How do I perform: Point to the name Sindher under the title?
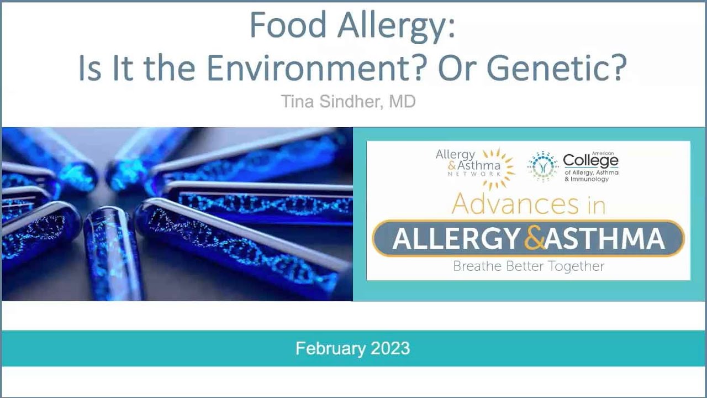click(353, 102)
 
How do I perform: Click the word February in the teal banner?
click(330, 348)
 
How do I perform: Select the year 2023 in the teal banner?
click(390, 348)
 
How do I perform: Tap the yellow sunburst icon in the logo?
click(498, 164)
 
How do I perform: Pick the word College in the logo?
click(590, 161)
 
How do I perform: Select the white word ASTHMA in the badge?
click(604, 239)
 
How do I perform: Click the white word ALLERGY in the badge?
click(456, 239)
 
